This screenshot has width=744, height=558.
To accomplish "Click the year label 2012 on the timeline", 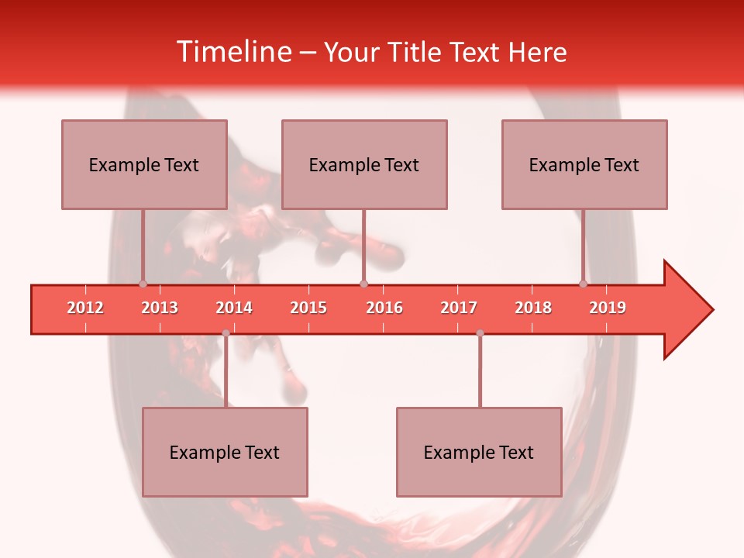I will [85, 308].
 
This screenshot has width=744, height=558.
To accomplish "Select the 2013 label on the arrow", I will [160, 308].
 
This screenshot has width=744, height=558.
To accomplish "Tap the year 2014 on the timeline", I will [234, 308].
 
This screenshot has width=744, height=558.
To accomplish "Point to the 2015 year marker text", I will [308, 308].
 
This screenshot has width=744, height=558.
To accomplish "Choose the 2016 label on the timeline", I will [384, 308].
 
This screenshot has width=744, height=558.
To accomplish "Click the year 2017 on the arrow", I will [459, 308].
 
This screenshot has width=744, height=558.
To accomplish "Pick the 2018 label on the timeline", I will [533, 308].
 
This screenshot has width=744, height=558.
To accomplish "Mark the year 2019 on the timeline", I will [608, 308].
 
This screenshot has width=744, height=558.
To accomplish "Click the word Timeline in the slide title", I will [232, 52].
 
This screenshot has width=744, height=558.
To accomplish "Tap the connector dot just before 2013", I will [143, 284].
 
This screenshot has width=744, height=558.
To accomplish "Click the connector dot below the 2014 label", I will [226, 333].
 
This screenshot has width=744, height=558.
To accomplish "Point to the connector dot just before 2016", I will [363, 284].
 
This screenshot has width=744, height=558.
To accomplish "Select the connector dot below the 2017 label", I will [480, 333].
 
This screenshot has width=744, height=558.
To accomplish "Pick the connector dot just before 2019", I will [584, 284].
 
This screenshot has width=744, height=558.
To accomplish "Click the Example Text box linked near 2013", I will [144, 164].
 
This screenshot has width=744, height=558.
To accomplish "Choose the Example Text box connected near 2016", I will [364, 164].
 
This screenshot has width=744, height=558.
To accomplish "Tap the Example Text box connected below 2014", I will [225, 452].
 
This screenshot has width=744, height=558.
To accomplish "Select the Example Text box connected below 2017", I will [479, 452].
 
